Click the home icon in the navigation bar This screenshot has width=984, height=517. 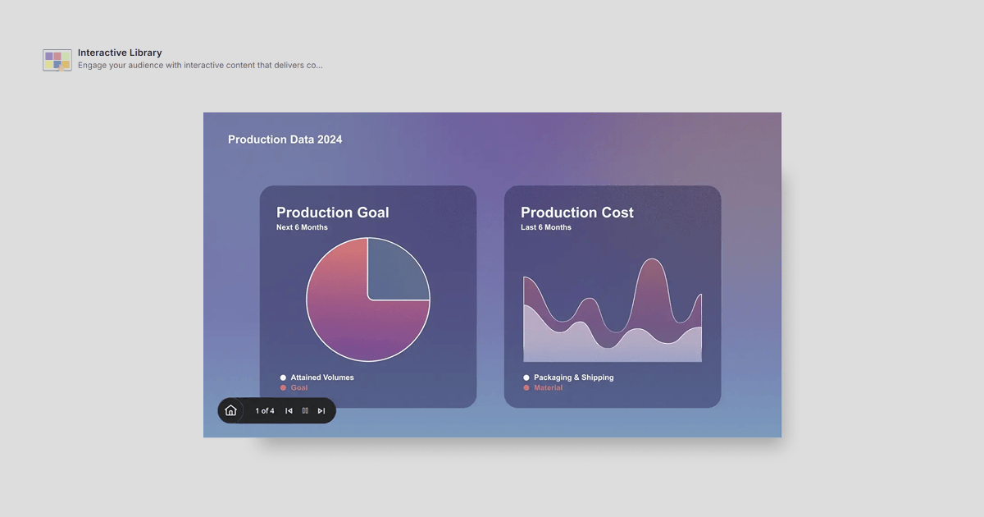point(230,410)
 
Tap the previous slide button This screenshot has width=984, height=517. point(289,410)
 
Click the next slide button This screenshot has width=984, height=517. point(321,410)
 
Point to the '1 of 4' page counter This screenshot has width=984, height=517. point(265,410)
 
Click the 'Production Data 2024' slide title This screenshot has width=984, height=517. point(285,140)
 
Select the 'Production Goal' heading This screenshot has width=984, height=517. point(333,213)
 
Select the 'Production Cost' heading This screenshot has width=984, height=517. point(577,213)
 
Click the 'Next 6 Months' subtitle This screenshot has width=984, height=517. point(302,227)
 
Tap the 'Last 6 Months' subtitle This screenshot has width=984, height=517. point(546,227)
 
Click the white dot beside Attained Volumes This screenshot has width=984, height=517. point(283,377)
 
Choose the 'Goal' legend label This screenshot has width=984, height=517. point(299,387)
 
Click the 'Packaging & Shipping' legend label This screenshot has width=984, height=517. point(574,377)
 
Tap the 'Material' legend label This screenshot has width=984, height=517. point(549,387)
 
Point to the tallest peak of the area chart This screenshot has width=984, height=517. point(653,259)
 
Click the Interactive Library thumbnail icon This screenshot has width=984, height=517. point(57,60)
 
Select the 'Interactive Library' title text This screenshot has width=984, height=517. point(120,53)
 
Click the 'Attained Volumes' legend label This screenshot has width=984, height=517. point(322,377)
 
